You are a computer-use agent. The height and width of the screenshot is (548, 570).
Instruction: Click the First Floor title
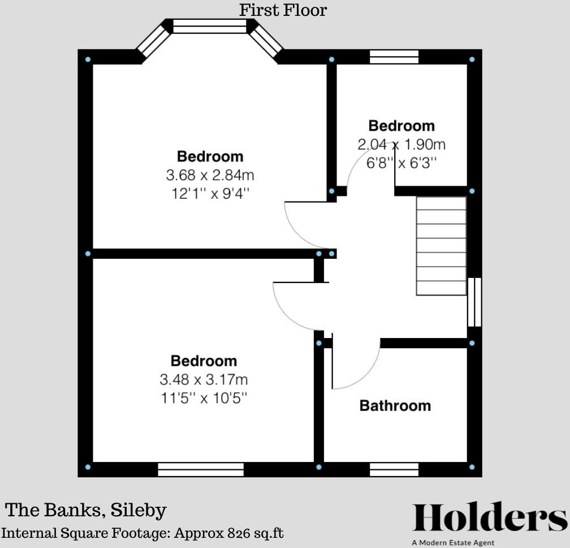(283, 10)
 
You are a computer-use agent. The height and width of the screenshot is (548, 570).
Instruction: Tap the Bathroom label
(395, 406)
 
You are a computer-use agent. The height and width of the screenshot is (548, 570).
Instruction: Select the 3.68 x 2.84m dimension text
(210, 175)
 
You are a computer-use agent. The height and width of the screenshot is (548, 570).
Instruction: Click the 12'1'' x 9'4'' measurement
(210, 193)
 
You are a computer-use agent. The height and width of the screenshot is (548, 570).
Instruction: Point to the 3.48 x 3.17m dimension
(204, 379)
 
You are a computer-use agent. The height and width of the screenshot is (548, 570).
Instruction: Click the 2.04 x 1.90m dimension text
(401, 144)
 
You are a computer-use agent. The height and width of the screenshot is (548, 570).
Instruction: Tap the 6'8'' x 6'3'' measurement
(401, 162)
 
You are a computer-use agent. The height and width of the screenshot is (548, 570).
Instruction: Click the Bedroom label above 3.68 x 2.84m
(210, 156)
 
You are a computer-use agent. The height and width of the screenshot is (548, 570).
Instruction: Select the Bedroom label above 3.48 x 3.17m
(204, 361)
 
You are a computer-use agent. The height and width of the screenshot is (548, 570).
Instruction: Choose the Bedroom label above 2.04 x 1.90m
(401, 126)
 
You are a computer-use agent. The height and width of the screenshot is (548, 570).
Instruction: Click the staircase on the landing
(442, 246)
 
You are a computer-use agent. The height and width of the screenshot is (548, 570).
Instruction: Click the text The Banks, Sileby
(86, 510)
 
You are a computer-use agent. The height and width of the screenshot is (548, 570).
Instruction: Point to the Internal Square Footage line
(142, 533)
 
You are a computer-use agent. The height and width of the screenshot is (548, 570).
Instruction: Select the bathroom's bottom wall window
(394, 469)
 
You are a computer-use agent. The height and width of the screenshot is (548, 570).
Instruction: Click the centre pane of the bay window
(210, 26)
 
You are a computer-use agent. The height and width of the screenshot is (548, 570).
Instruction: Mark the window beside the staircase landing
(474, 302)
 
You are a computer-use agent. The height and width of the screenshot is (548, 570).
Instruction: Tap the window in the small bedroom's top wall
(394, 57)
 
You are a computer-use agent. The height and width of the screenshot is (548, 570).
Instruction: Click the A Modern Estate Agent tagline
(453, 543)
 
